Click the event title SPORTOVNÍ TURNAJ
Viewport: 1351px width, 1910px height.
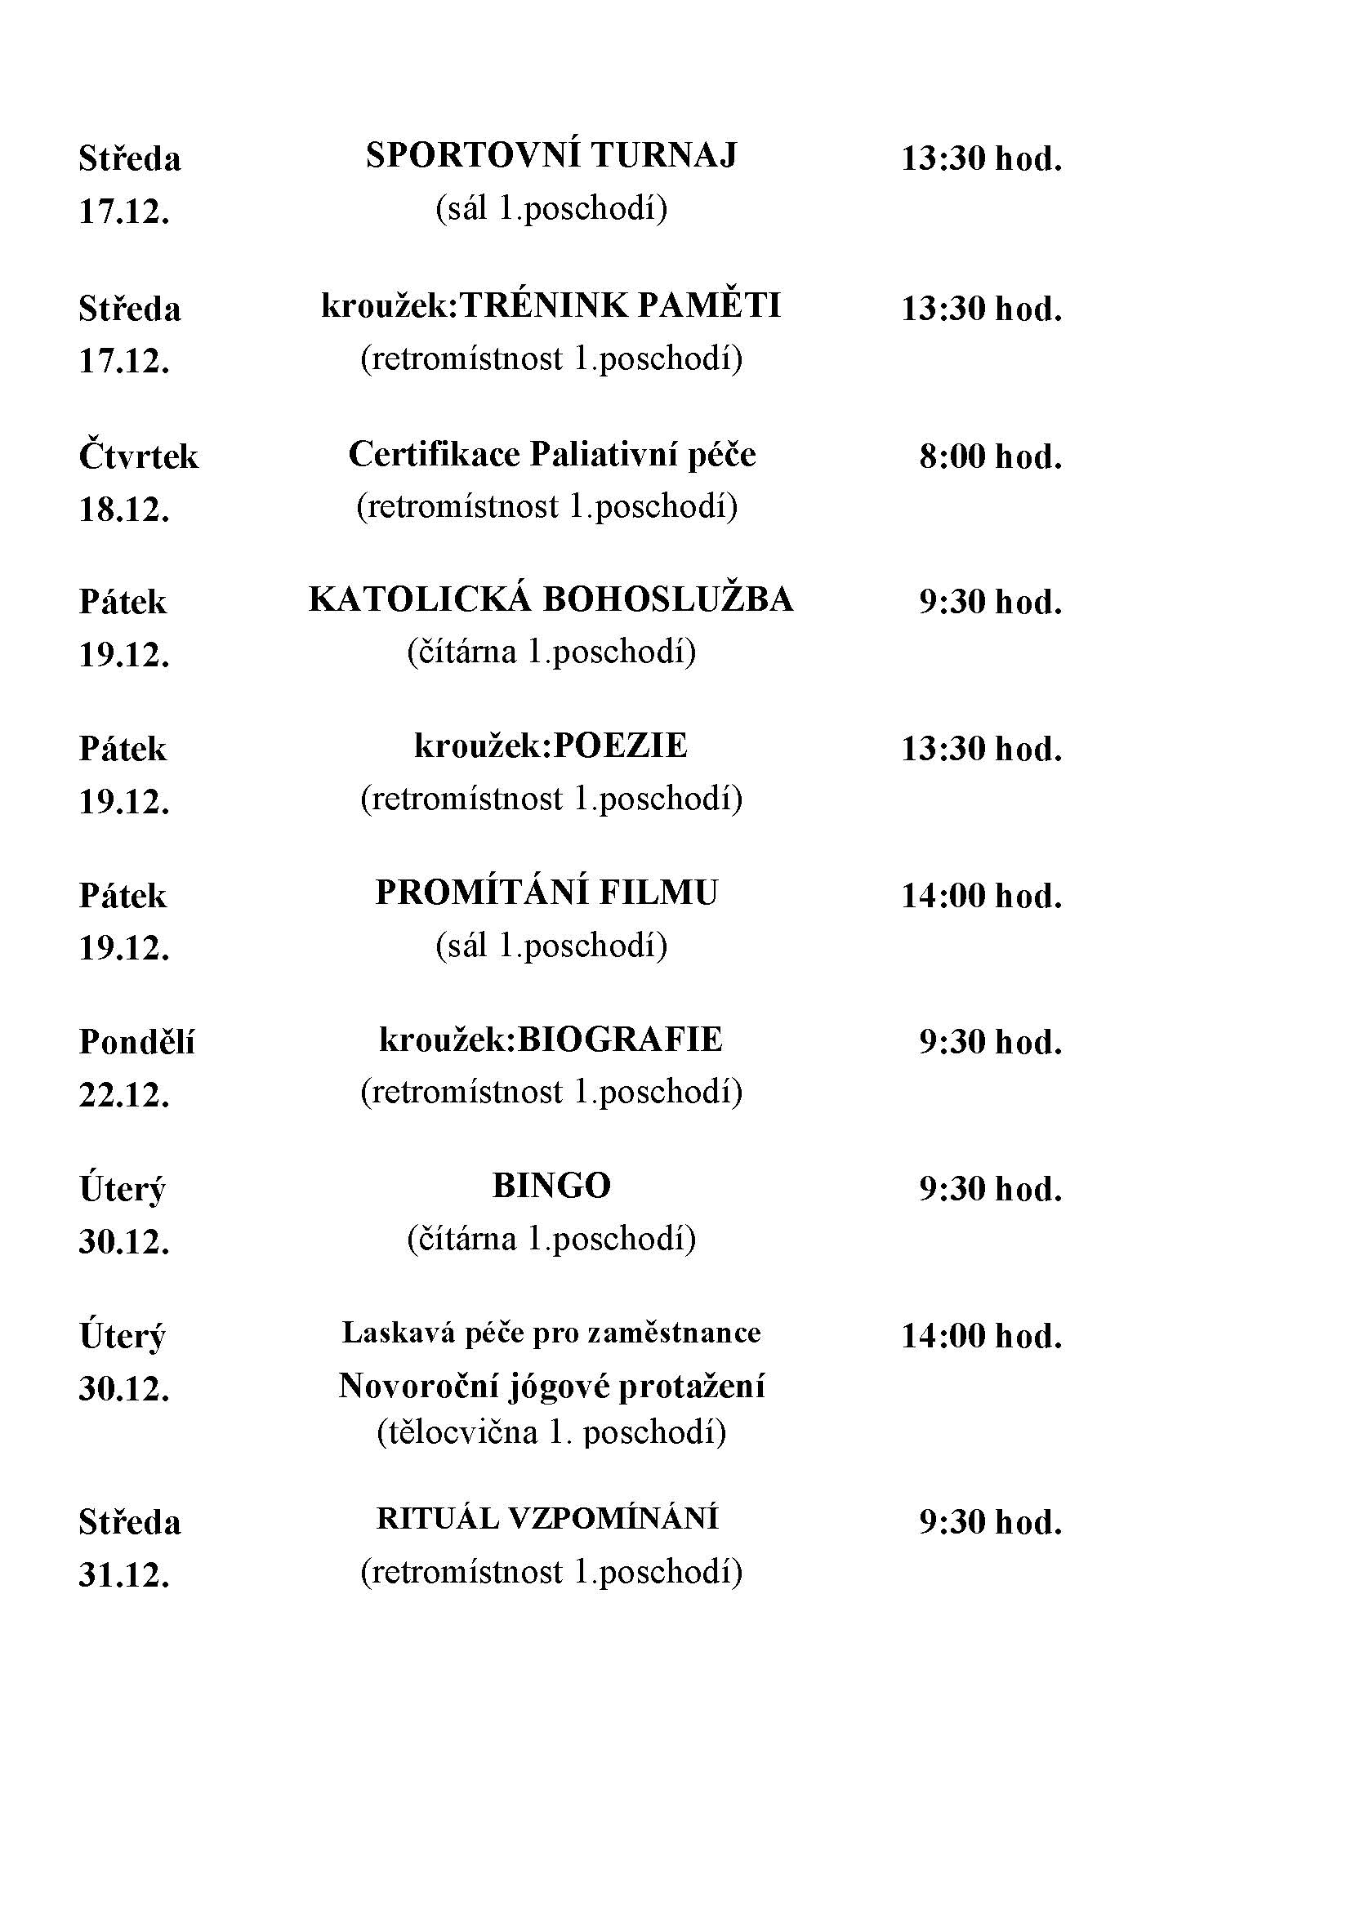tap(551, 157)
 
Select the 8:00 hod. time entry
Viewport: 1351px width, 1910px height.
tap(990, 456)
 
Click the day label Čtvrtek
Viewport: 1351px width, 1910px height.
tap(139, 456)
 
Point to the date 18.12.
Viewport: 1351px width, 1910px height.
tap(124, 509)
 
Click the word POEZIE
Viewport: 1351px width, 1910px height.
tap(621, 746)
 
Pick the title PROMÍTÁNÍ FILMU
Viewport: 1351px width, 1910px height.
tap(546, 893)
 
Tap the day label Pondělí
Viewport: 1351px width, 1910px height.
tap(137, 1041)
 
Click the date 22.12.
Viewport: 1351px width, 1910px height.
tap(124, 1096)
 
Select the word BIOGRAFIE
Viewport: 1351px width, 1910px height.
tap(620, 1040)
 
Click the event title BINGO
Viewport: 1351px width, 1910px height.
tap(551, 1187)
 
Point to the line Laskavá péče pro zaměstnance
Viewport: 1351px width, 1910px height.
tap(551, 1333)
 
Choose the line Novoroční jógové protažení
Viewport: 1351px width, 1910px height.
tap(551, 1386)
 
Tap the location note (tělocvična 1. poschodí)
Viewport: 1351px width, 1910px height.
tap(551, 1432)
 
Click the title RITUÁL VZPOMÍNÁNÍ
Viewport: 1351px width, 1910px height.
tap(546, 1519)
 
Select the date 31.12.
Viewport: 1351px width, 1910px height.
tap(124, 1574)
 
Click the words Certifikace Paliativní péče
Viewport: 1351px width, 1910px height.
tap(551, 455)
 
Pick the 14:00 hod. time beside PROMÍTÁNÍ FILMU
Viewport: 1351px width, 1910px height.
tap(982, 896)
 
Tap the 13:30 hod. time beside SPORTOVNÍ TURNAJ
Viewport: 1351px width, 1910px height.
tap(982, 158)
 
